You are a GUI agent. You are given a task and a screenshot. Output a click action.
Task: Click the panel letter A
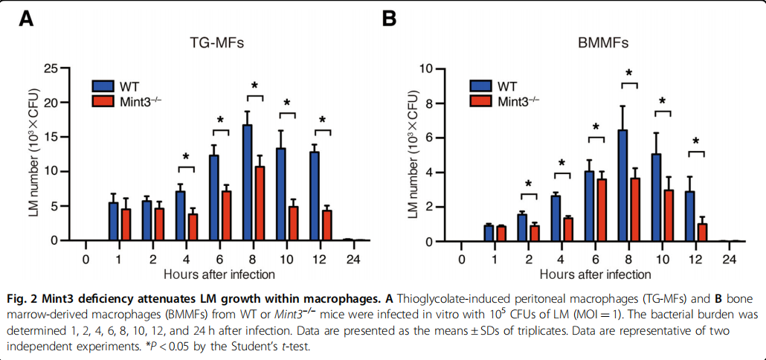(x=25, y=18)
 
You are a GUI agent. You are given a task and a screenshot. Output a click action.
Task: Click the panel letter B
(x=389, y=18)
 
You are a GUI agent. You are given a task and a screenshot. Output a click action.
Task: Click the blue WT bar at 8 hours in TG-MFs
(x=247, y=182)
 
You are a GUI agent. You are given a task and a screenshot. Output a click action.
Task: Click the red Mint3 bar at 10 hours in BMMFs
(x=669, y=215)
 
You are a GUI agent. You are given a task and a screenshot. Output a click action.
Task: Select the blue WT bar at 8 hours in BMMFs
(x=622, y=185)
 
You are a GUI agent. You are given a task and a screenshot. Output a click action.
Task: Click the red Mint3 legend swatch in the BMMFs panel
(x=482, y=100)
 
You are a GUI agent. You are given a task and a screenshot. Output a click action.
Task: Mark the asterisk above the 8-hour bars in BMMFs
(x=629, y=74)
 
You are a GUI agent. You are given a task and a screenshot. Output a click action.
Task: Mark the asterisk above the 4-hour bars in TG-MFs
(x=187, y=158)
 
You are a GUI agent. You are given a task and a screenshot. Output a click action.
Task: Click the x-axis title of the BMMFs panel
(x=596, y=277)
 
